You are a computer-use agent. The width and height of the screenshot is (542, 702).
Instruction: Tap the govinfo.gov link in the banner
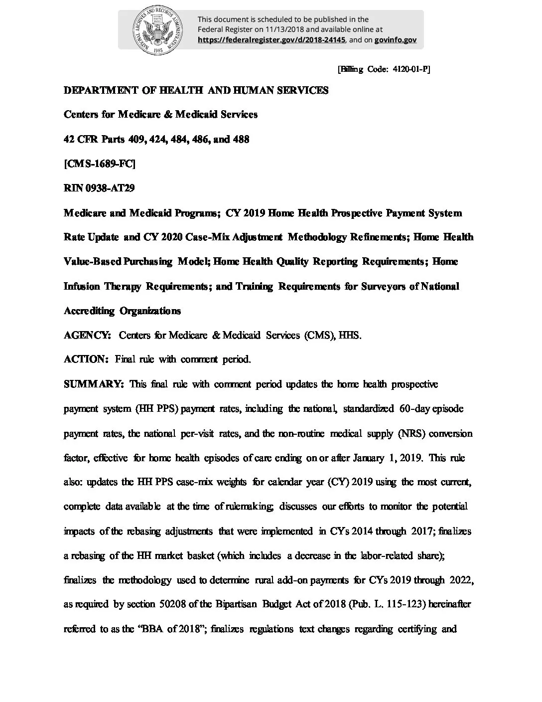(396, 40)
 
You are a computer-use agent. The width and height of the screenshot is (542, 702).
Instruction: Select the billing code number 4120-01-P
(408, 70)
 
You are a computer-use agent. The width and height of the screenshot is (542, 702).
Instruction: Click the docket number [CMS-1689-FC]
(99, 164)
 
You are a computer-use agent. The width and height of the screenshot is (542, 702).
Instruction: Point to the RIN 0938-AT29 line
(99, 188)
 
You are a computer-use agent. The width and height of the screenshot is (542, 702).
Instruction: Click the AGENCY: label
(87, 335)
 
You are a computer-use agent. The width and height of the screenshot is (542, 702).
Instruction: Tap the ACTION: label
(86, 359)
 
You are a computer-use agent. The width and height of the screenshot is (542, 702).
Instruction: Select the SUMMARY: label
(94, 384)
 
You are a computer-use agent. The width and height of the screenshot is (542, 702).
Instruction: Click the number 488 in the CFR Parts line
(241, 139)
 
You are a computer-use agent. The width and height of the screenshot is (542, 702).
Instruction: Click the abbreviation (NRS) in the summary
(411, 433)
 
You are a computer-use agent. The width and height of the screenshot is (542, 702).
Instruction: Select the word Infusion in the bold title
(82, 286)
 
